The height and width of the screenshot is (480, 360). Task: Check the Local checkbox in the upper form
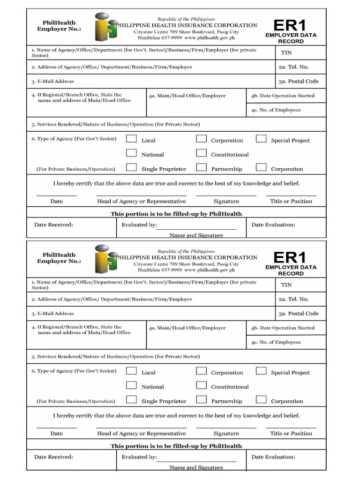tap(132, 139)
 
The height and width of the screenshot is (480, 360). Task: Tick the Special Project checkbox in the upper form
tap(262, 139)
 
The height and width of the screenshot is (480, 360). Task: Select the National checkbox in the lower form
tap(132, 385)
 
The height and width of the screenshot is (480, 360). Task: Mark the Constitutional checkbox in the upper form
tap(201, 153)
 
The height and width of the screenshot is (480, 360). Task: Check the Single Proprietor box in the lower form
tap(132, 400)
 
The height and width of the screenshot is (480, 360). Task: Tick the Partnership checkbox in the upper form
tap(201, 167)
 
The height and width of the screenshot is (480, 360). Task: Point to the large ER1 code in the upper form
tap(290, 25)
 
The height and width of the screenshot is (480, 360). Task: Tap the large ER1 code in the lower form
tap(290, 258)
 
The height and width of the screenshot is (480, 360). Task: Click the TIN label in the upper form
tap(286, 52)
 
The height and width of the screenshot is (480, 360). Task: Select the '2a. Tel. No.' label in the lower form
tap(293, 299)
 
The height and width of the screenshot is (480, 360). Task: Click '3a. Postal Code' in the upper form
tap(298, 81)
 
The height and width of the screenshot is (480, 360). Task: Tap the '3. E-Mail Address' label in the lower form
tap(52, 314)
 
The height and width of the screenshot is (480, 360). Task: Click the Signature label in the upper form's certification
tap(226, 201)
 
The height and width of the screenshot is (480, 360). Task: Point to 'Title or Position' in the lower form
tap(291, 434)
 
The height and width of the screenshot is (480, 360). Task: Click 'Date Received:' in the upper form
tap(53, 225)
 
